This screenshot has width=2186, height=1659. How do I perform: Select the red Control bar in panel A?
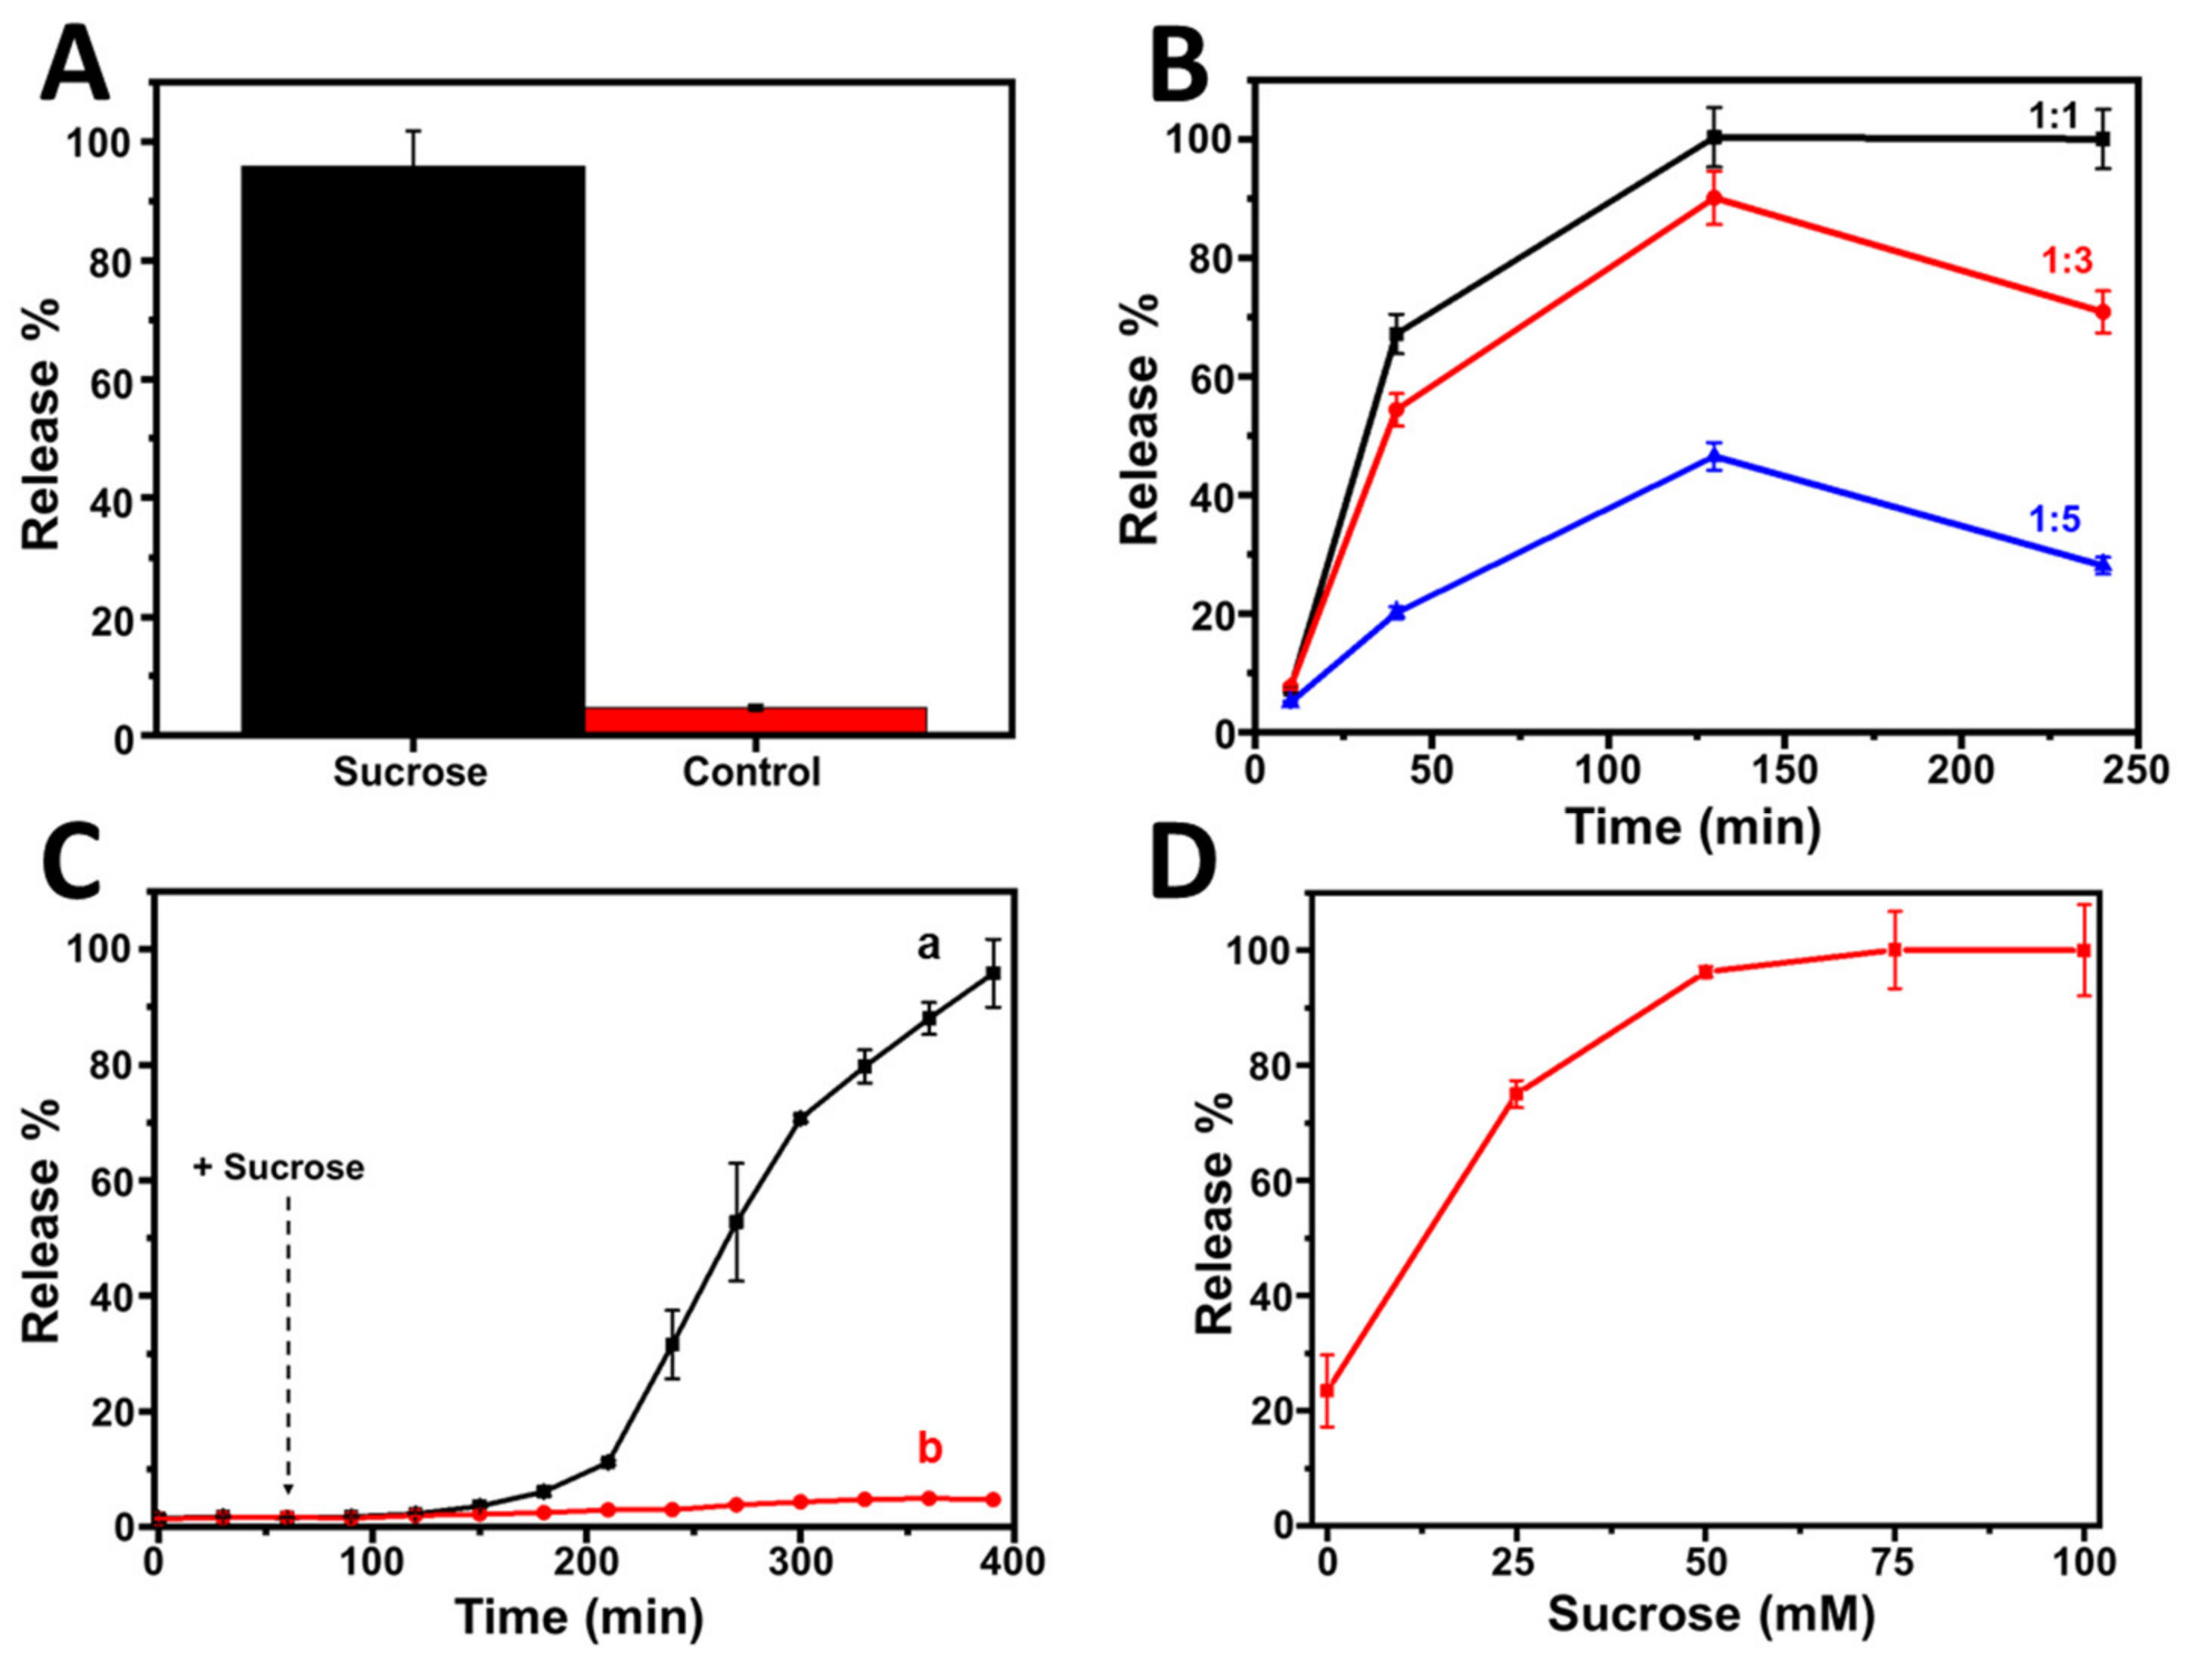click(755, 719)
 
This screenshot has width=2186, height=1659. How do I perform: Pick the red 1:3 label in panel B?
click(2066, 260)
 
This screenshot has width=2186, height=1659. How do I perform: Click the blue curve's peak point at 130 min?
click(1715, 456)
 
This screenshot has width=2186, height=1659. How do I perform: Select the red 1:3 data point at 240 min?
click(2103, 311)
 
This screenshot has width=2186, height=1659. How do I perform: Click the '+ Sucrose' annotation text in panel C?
click(280, 1167)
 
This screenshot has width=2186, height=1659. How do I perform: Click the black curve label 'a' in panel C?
click(928, 946)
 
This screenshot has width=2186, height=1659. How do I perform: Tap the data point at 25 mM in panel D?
click(1516, 1094)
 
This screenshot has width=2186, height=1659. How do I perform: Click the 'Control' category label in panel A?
click(751, 772)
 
